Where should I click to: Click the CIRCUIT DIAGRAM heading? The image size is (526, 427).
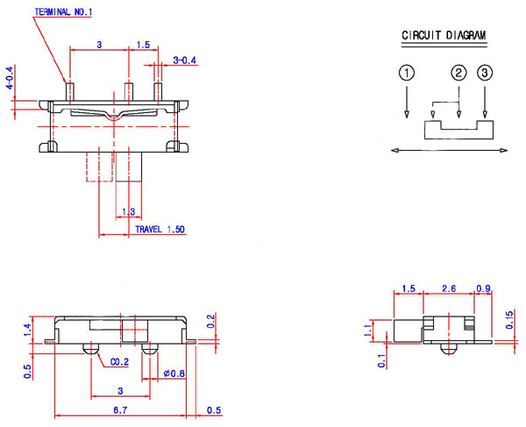pos(444,36)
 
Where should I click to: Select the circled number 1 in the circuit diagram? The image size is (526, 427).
pos(406,74)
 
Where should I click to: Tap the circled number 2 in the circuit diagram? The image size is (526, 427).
pos(458,74)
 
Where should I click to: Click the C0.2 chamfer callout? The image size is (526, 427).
pos(120,360)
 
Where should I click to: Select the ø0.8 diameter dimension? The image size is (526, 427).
pos(173,374)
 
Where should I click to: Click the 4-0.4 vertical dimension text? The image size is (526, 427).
pos(10,79)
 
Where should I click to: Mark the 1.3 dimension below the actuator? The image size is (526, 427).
pos(128,211)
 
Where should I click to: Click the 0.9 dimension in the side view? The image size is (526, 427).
pos(482,288)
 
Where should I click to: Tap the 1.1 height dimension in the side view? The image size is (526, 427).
pos(367,331)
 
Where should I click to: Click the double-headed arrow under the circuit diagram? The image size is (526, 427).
pos(448,152)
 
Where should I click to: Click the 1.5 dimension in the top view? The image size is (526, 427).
pos(144,43)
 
